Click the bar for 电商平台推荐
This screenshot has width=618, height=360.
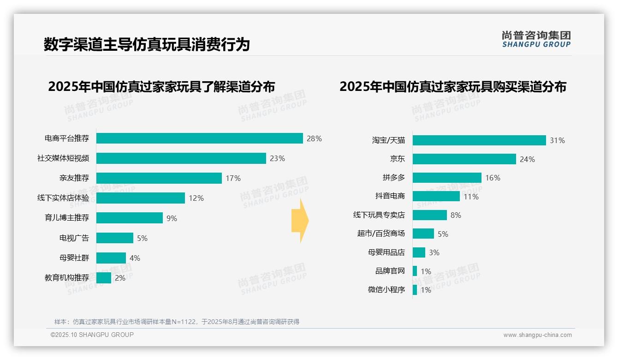pos(199,138)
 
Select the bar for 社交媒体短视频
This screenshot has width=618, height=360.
pos(181,158)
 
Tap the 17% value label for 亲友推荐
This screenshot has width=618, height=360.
pos(233,178)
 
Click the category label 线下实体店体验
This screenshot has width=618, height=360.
pos(63,198)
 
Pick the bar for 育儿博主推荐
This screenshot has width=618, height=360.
pos(129,218)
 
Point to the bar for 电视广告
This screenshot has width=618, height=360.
pos(114,238)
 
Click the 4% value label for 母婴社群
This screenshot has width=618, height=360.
pos(135,258)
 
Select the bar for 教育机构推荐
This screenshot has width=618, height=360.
pos(104,278)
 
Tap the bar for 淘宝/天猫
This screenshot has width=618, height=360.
pos(479,140)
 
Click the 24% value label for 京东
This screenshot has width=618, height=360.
pos(527,159)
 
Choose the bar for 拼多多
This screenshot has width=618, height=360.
pos(446,178)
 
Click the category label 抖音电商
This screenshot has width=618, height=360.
pos(390,196)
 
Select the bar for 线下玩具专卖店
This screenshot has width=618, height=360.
pos(429,215)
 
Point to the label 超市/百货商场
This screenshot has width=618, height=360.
pos(380,234)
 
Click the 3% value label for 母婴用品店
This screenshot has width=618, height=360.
pos(434,252)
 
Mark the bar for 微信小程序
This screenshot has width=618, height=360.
pos(415,290)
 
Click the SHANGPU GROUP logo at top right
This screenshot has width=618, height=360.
pos(536,39)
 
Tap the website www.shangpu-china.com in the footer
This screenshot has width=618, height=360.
pos(537,335)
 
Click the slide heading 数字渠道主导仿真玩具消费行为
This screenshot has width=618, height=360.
pos(147,45)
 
